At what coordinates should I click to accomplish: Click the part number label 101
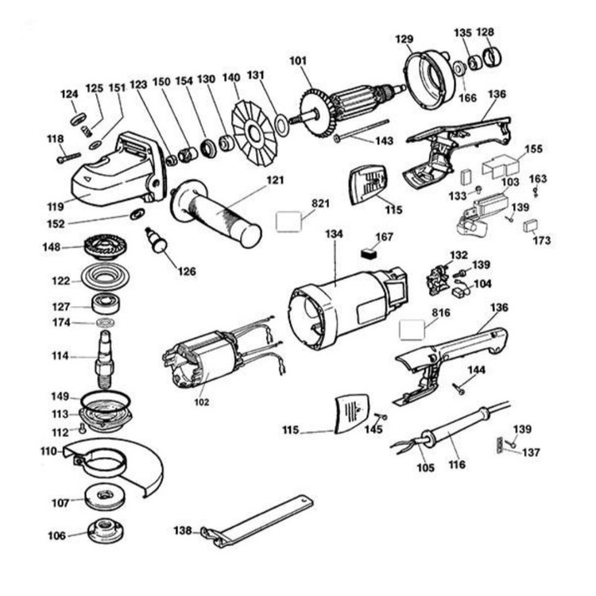(298, 60)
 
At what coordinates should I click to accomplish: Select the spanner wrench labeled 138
(262, 521)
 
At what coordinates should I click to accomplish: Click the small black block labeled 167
(366, 254)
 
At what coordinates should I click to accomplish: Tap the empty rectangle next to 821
(289, 220)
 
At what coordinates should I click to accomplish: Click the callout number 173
(543, 239)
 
